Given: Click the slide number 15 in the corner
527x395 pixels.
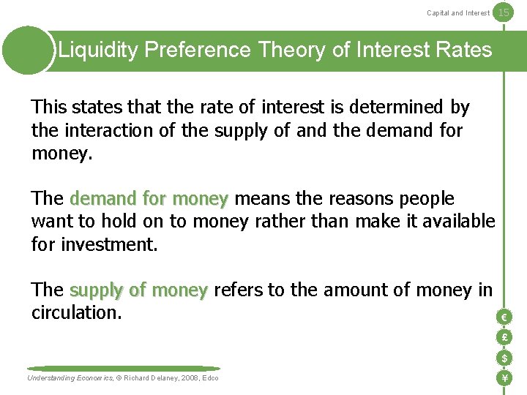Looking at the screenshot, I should click(x=503, y=12).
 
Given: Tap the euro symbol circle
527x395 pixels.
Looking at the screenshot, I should click(x=504, y=317).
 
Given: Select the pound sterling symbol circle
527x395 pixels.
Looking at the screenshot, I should click(x=504, y=337).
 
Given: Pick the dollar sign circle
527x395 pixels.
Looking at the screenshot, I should click(x=504, y=358).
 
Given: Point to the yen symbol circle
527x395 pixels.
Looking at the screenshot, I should click(x=504, y=378).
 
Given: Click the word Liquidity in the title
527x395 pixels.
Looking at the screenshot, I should click(x=99, y=50).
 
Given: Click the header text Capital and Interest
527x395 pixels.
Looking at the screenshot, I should click(x=458, y=12).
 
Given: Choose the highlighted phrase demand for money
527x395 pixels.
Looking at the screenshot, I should click(x=149, y=199).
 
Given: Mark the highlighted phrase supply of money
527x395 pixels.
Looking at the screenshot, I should click(x=139, y=290).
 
